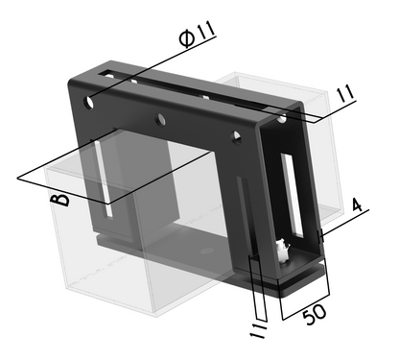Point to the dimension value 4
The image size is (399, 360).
coord(356,206)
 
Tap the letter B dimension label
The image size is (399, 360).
coord(60,199)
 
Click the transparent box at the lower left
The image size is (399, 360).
coord(106,259)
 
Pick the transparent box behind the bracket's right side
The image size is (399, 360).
coord(321,144)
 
